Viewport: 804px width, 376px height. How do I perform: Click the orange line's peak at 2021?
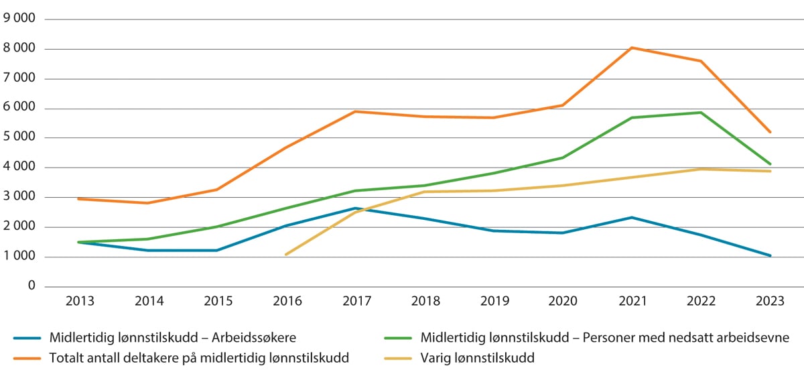pos(631,48)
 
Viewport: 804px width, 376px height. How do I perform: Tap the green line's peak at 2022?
pos(700,113)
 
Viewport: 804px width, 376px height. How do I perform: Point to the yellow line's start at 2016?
pos(286,255)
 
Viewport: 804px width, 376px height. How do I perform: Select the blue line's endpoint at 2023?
pos(770,255)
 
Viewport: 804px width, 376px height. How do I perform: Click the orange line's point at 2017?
pos(355,111)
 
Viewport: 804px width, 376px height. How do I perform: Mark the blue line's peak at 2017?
pos(355,208)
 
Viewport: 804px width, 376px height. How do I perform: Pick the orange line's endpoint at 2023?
pos(770,132)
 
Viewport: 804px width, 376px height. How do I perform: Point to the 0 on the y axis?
pos(31,286)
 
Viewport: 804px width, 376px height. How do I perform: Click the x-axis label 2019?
pos(493,302)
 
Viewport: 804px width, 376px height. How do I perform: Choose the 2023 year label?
pos(770,302)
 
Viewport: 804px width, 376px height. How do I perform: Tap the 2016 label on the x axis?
pos(286,302)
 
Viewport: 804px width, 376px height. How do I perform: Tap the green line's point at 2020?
pos(562,158)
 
